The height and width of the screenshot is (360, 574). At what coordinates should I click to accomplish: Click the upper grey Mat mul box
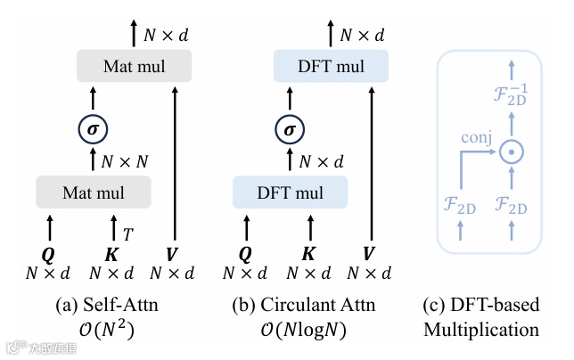pyautogui.click(x=134, y=67)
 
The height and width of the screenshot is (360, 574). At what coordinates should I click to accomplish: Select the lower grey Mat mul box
pyautogui.click(x=94, y=192)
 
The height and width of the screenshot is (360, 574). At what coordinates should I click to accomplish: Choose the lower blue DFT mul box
pyautogui.click(x=289, y=192)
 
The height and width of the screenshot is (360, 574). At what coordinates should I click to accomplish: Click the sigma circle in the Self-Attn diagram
pyautogui.click(x=94, y=130)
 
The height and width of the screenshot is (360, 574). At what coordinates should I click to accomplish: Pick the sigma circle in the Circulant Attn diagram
pyautogui.click(x=289, y=130)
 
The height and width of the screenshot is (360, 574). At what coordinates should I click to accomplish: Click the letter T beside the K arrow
pyautogui.click(x=127, y=234)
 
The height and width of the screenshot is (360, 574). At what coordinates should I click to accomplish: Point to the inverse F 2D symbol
pyautogui.click(x=511, y=94)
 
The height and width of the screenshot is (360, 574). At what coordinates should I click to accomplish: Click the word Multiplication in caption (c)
pyautogui.click(x=481, y=330)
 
